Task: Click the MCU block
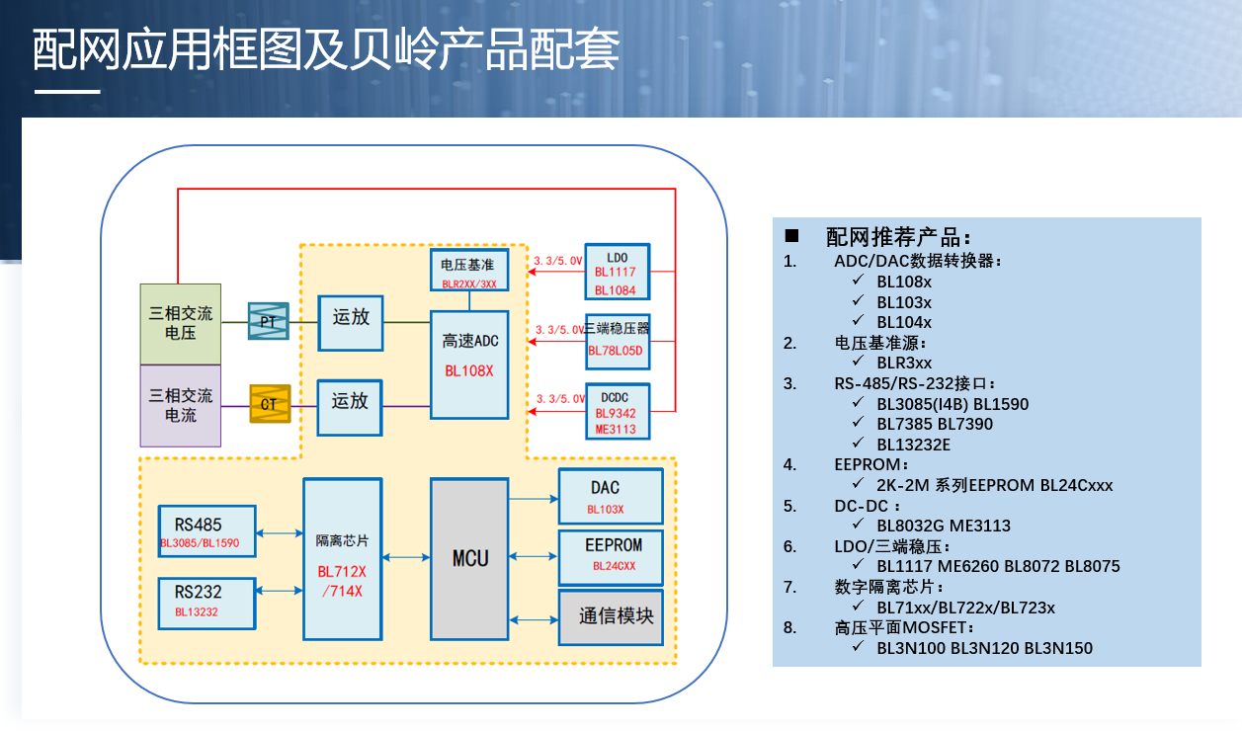[x=469, y=558]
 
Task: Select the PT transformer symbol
[x=268, y=322]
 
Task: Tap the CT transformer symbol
[x=269, y=404]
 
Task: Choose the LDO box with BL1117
[x=617, y=272]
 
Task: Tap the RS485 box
[x=207, y=531]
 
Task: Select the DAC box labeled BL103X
[x=610, y=496]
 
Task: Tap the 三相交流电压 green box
[x=180, y=324]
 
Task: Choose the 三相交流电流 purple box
[x=180, y=406]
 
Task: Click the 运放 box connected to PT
[x=350, y=322]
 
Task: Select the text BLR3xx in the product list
[x=904, y=364]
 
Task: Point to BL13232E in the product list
[x=913, y=445]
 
